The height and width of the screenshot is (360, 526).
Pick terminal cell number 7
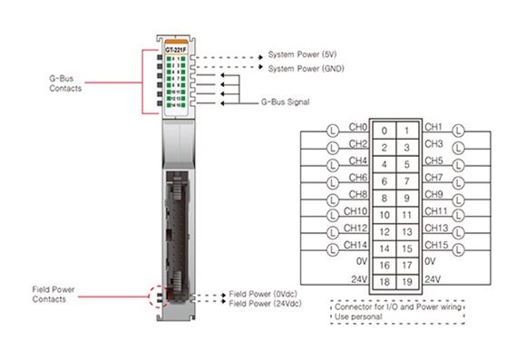click(x=407, y=180)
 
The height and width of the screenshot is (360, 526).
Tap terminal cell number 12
click(x=385, y=231)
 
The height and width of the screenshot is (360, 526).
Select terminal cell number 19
click(x=407, y=283)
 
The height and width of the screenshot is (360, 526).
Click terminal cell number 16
click(x=385, y=266)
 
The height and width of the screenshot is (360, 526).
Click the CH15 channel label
click(x=435, y=245)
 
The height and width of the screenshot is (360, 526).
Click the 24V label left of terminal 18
click(x=359, y=279)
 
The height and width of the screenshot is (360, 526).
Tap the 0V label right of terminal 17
click(x=432, y=262)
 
